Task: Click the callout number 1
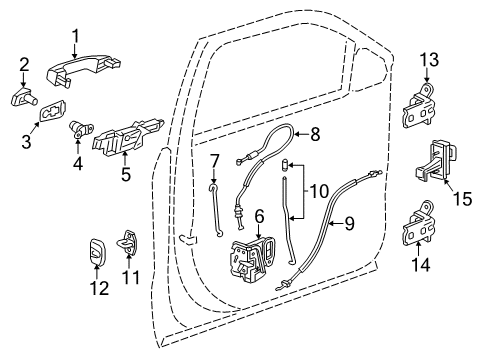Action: (75, 37)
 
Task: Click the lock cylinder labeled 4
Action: (78, 127)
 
